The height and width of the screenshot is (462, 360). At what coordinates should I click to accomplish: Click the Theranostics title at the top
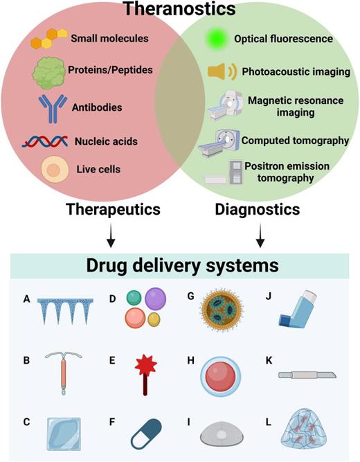coord(180,10)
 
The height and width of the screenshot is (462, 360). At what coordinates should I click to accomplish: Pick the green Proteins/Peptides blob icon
coord(50,71)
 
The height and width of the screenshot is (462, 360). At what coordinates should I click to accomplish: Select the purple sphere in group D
coord(156,302)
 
